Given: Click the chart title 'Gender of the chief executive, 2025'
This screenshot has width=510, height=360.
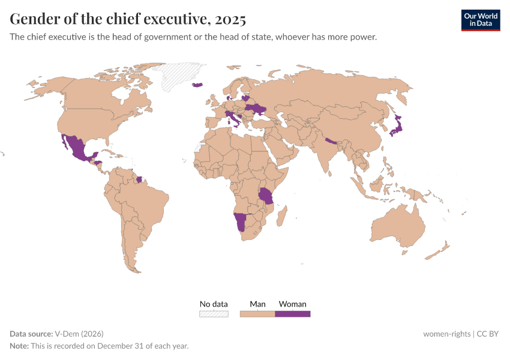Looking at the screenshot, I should click(128, 19).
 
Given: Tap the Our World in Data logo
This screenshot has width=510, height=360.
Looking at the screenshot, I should click(480, 20).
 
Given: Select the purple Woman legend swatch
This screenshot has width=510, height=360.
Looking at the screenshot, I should click(293, 314).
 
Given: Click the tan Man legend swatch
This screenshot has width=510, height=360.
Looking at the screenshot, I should click(257, 314).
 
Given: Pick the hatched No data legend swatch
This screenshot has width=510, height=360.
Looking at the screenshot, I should click(214, 314).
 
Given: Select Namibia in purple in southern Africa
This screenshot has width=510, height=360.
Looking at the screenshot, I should click(241, 223).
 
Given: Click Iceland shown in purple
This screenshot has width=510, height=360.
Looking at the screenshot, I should click(198, 85).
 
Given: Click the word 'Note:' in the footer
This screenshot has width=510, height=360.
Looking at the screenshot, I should click(19, 346).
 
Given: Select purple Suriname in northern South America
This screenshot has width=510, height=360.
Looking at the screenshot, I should click(140, 179).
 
